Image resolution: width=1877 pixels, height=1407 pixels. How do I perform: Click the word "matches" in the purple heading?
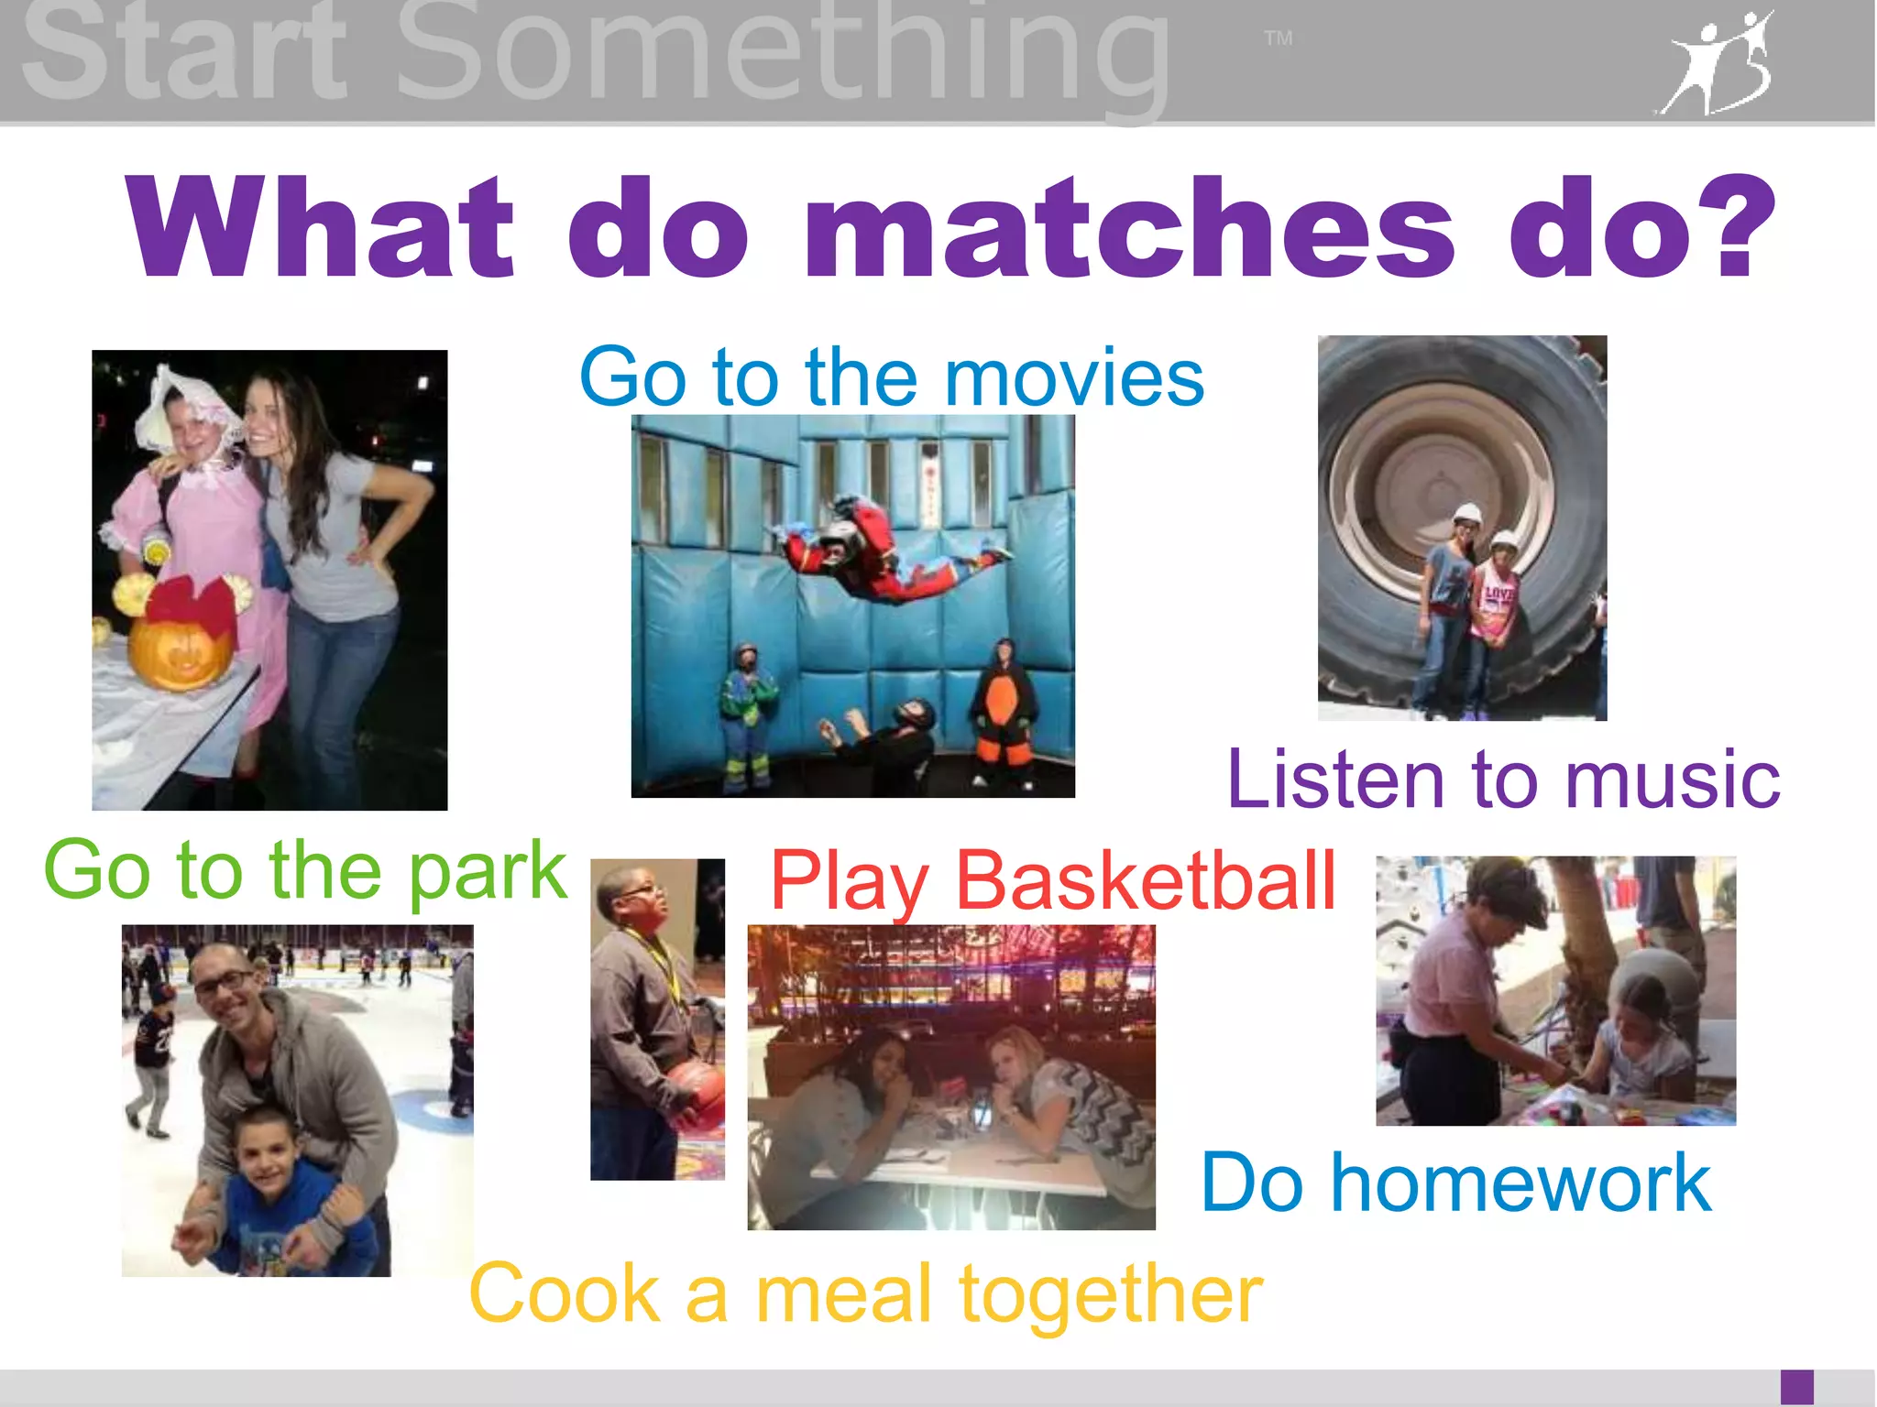click(x=1129, y=229)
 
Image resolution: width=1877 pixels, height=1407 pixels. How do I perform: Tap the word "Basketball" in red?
click(x=1146, y=880)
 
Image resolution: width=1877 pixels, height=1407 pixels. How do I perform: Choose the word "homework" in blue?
click(x=1521, y=1183)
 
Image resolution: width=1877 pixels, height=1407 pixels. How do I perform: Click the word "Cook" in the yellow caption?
click(x=565, y=1293)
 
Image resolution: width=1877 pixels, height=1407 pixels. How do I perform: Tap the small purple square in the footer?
click(x=1796, y=1386)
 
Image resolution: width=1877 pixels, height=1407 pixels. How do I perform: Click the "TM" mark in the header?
click(x=1278, y=38)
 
